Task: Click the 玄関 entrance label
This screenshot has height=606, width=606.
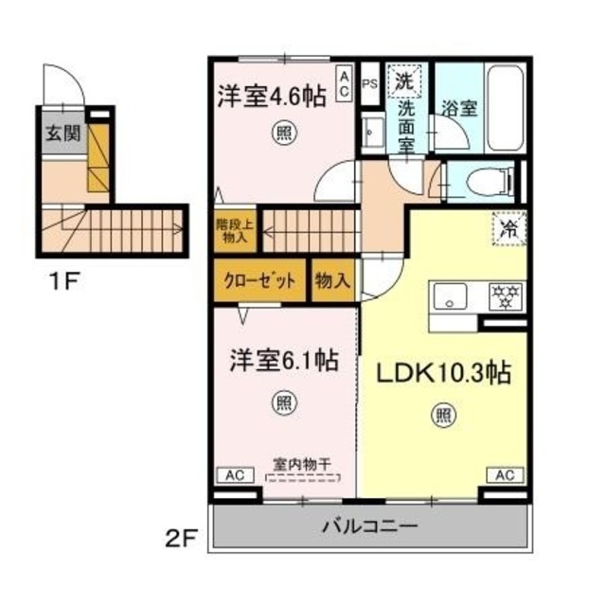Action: pos(63,134)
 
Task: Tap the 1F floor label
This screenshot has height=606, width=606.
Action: pos(63,281)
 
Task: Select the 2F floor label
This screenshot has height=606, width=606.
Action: pos(181,538)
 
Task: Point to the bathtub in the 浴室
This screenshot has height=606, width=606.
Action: pos(505,110)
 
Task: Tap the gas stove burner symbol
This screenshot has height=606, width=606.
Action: pos(506,296)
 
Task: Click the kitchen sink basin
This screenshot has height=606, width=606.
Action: pos(450,296)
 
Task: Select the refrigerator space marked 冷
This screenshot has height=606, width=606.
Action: pos(509,229)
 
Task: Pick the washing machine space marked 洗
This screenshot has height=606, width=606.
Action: pos(404,81)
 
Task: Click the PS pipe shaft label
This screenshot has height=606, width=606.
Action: pos(370,84)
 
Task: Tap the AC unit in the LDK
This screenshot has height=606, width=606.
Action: pos(505,475)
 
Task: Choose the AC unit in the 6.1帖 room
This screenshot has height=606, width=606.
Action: pos(235,475)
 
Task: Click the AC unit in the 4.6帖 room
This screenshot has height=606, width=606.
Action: pos(345,83)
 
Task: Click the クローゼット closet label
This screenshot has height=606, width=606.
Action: pos(259,281)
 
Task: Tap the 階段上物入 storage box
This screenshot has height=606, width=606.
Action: pos(235,231)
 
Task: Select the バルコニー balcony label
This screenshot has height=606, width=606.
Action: pos(370,526)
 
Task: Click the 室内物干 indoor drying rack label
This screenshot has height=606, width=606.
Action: pos(303,464)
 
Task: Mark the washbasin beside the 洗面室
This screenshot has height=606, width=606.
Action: pos(373,132)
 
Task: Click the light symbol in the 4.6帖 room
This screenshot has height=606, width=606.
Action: pos(285,134)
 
